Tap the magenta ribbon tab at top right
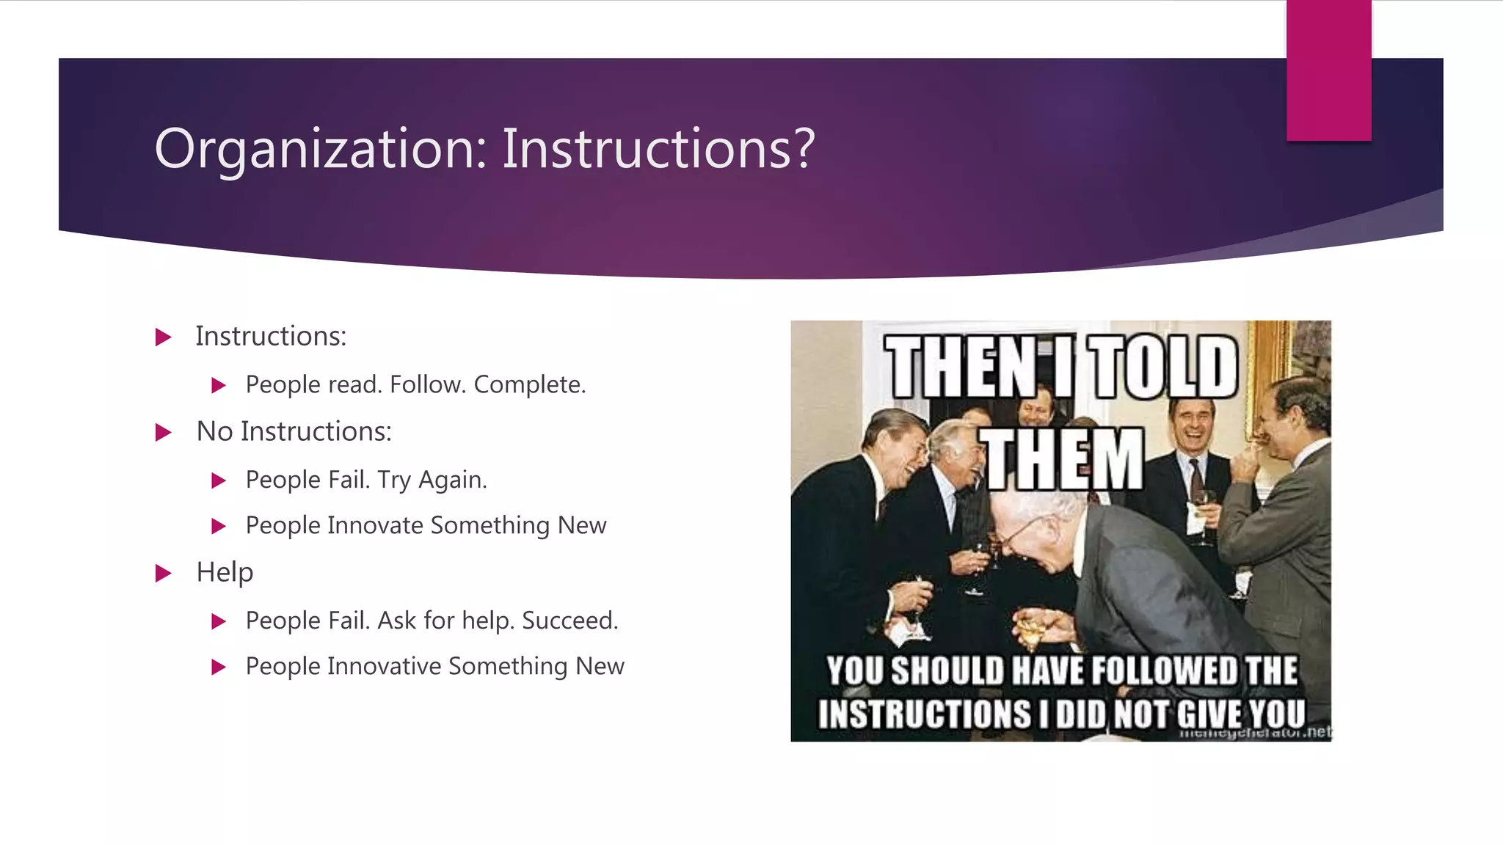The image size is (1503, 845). [x=1328, y=70]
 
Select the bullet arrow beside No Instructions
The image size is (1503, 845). [x=164, y=432]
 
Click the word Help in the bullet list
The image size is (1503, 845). [x=225, y=572]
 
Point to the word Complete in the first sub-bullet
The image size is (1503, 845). [x=529, y=384]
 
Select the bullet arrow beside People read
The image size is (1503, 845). [x=218, y=385]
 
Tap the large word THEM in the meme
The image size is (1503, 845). [x=1063, y=461]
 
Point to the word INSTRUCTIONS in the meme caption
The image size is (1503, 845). [x=925, y=714]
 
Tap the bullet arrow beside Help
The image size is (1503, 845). [x=164, y=573]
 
